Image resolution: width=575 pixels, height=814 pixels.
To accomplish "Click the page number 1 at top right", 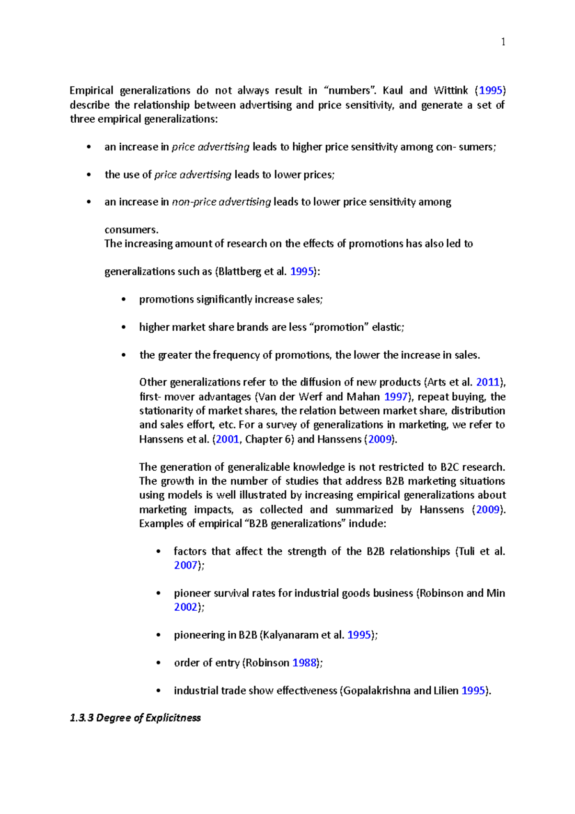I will [x=503, y=42].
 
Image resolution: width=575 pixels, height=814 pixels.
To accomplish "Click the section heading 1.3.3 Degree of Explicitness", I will [x=135, y=718].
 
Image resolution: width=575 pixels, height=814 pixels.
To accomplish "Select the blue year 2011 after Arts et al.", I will [x=488, y=382].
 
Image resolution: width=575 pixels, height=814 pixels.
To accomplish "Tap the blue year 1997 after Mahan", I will [x=396, y=396].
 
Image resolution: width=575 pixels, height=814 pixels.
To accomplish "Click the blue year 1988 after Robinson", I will [x=304, y=663].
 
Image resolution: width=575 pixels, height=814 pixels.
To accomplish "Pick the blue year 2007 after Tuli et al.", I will [x=185, y=565].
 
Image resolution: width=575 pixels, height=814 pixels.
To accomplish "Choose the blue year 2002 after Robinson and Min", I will [x=185, y=607].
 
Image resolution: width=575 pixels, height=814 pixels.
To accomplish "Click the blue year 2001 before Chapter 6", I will [x=227, y=439].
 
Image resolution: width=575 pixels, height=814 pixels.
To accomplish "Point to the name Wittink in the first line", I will [x=450, y=90].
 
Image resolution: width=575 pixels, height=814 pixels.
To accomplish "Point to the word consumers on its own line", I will [x=131, y=230].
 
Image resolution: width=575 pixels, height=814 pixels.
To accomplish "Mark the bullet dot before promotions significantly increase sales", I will [x=124, y=300].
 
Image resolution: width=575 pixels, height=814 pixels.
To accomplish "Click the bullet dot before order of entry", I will [x=159, y=663].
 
